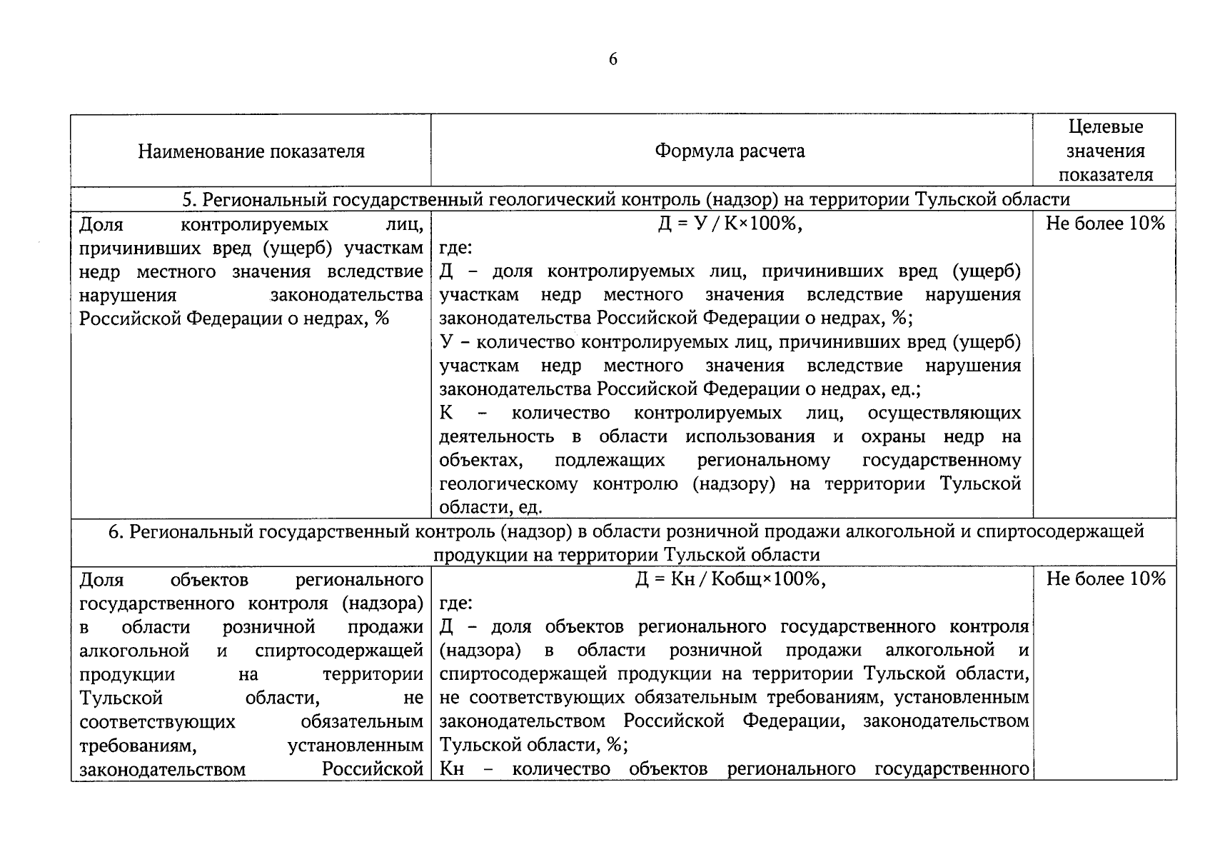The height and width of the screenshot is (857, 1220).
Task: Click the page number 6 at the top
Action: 612,59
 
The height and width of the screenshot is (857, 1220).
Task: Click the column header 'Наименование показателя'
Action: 251,151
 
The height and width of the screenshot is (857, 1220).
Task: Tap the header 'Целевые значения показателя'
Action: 1104,151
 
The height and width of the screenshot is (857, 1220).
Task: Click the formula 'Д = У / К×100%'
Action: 730,224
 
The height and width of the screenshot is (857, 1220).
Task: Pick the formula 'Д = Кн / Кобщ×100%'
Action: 730,579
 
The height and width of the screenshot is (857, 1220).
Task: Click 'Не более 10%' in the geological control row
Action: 1104,224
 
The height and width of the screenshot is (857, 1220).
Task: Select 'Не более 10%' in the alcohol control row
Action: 1105,579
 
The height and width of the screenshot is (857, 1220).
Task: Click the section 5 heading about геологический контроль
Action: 625,199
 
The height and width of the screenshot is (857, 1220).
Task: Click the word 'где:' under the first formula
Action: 455,248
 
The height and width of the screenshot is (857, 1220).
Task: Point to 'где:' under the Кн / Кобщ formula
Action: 455,603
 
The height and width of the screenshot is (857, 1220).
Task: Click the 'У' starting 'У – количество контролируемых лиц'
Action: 447,342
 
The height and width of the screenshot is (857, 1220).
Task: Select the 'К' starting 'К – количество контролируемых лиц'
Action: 446,414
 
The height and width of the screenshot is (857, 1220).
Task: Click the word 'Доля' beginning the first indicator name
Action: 101,224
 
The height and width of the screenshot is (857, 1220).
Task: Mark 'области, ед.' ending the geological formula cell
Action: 490,508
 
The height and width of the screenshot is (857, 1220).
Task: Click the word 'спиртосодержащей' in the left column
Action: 338,651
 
